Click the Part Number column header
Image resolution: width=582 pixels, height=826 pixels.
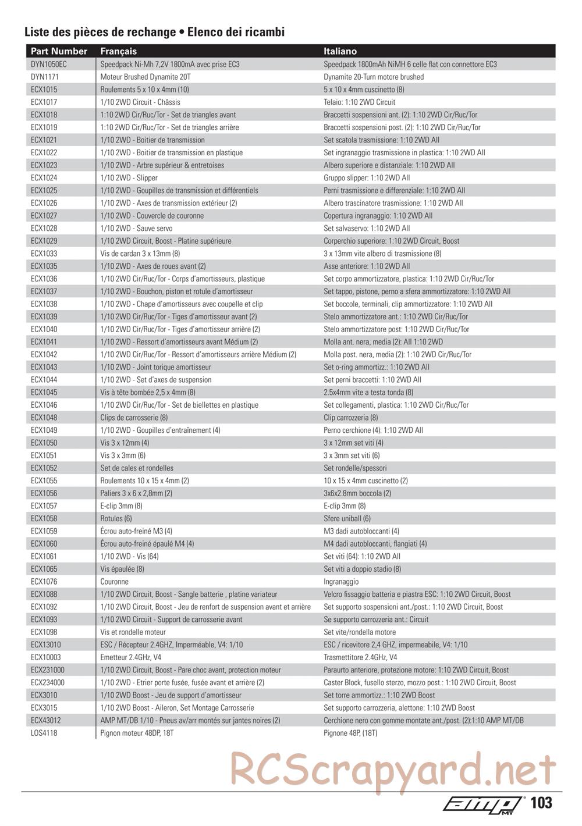tap(59, 51)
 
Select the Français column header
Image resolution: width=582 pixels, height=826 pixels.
tap(119, 51)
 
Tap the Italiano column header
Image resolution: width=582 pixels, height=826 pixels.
tap(340, 51)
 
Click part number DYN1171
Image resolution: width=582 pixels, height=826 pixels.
tap(45, 77)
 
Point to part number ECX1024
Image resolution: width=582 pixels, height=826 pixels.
tap(44, 178)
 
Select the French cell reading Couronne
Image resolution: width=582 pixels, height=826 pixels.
tap(115, 582)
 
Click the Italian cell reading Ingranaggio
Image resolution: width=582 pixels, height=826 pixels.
tap(341, 582)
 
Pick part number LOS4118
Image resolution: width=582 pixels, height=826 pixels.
tap(44, 733)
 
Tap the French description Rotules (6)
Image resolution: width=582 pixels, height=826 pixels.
tap(116, 518)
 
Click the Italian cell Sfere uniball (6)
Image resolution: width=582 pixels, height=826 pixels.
tap(347, 518)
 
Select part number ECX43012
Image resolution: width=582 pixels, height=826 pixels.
tap(46, 720)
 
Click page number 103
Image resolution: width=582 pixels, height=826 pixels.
tap(541, 803)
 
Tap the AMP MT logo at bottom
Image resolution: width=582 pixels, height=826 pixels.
tap(482, 804)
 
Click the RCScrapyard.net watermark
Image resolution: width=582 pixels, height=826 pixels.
tap(393, 768)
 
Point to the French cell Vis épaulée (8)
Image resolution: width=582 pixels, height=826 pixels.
tap(122, 569)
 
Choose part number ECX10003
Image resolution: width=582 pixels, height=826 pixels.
tap(46, 657)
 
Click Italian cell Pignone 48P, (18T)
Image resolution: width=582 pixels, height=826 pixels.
tap(350, 733)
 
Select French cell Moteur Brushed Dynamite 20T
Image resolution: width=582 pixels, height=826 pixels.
tap(145, 77)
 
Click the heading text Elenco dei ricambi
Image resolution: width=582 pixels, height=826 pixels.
tap(236, 32)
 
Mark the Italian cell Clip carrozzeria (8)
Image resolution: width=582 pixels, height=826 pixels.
tap(351, 418)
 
